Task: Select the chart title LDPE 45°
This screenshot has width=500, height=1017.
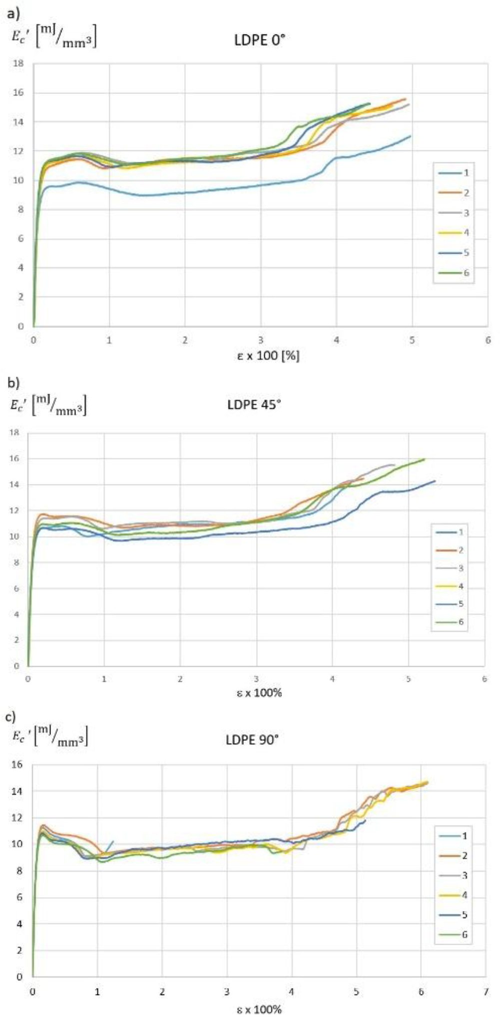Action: (x=254, y=404)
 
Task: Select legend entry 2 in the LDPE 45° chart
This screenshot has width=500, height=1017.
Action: (x=448, y=550)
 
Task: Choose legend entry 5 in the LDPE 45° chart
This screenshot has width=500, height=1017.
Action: (x=448, y=604)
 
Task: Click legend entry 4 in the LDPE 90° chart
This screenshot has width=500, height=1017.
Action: (x=453, y=895)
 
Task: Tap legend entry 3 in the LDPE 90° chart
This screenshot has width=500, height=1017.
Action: (x=453, y=875)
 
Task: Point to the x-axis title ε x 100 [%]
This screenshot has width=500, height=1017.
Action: (x=268, y=356)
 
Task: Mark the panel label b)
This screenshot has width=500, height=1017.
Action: (x=13, y=383)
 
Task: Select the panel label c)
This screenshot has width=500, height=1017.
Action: (x=12, y=718)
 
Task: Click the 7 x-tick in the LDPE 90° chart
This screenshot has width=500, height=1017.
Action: (x=487, y=991)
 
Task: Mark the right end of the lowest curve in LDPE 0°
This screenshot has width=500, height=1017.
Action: (x=411, y=136)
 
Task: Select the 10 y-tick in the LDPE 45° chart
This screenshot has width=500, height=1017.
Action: (x=16, y=536)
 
